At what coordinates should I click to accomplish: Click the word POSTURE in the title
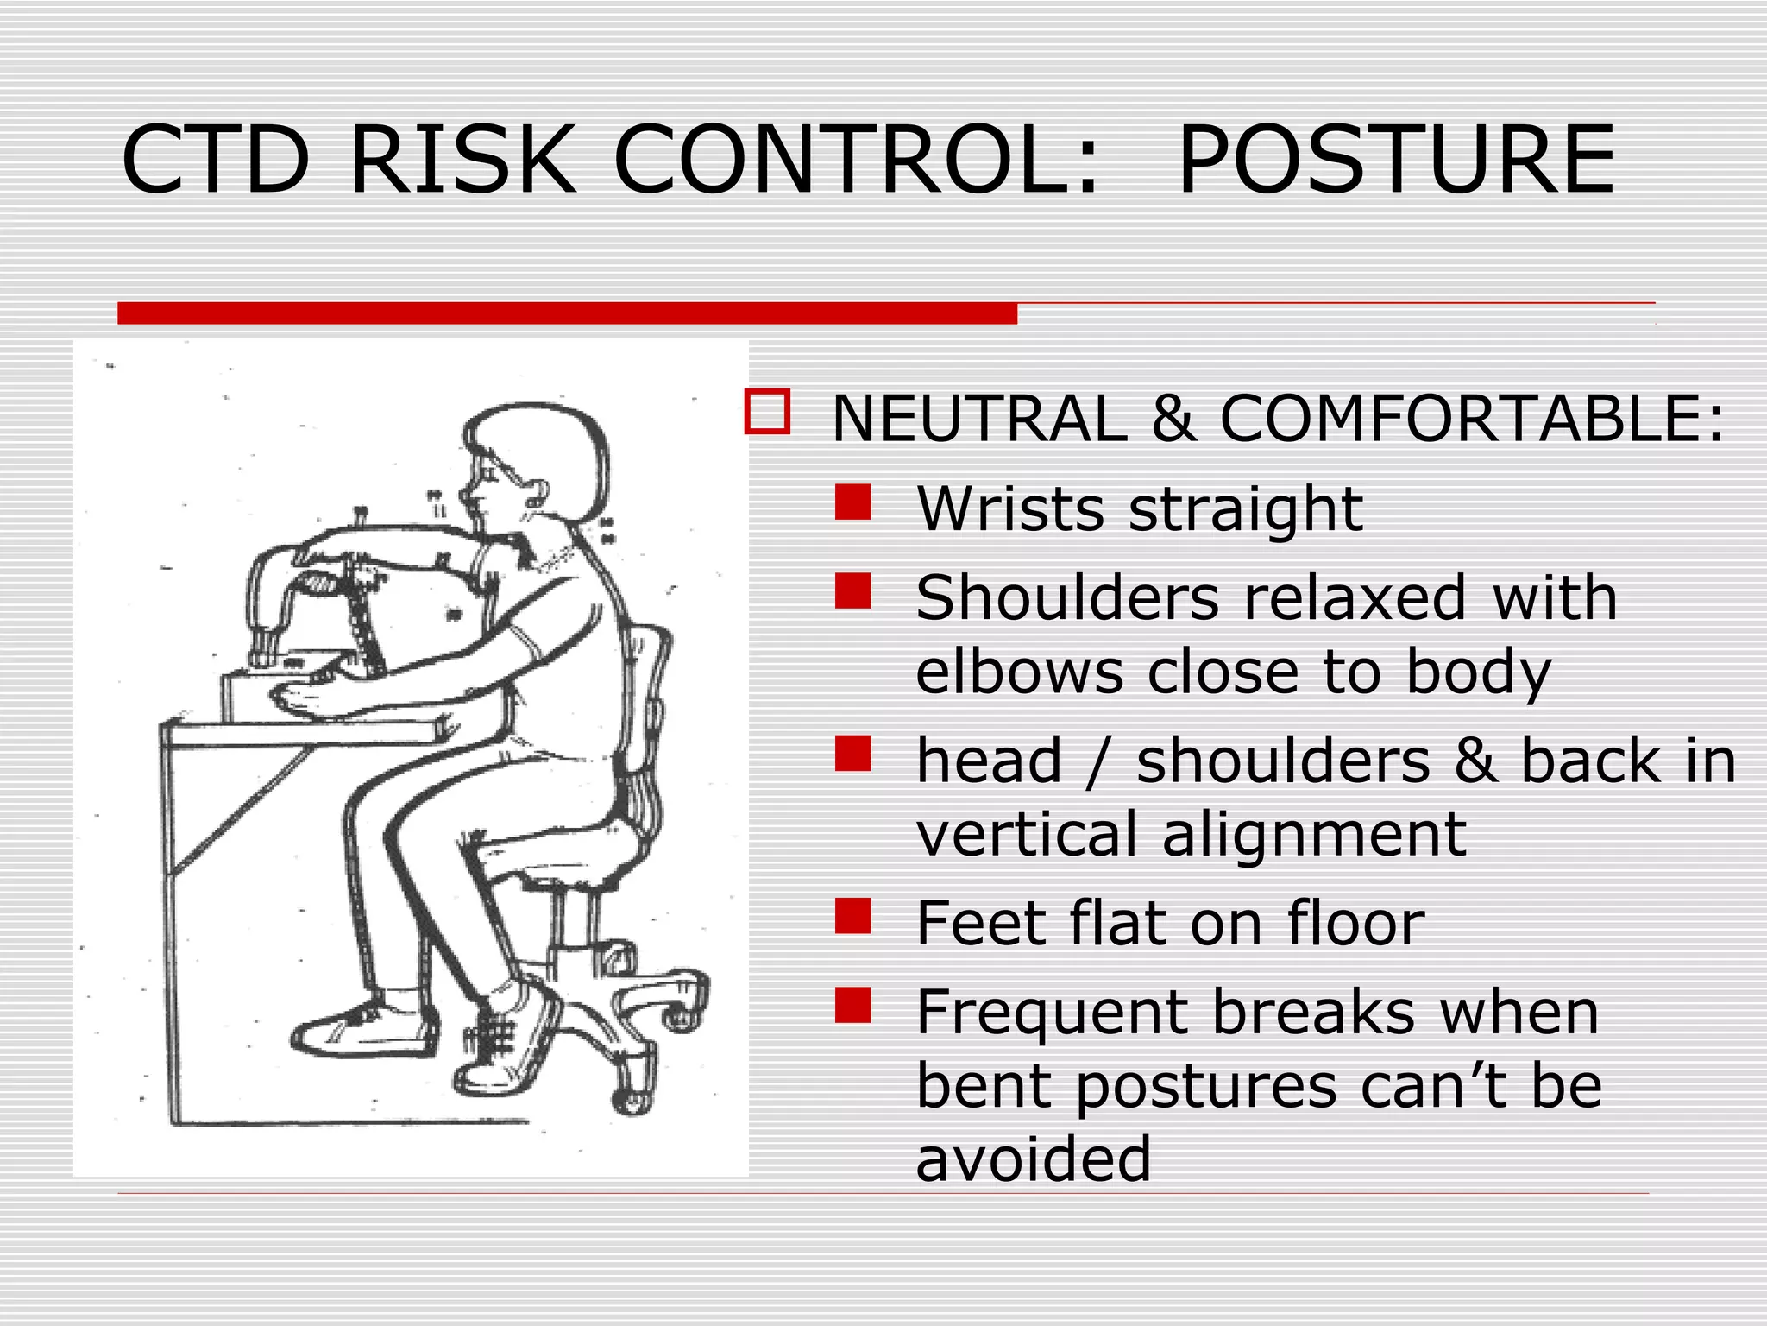1395,160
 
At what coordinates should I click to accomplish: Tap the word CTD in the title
216,160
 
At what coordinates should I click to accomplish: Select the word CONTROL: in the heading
856,160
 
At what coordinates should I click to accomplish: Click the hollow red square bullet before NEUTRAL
767,412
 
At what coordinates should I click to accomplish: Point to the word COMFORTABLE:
1471,419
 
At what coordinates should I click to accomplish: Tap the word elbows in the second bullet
1019,672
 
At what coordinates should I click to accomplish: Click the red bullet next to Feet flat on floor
852,916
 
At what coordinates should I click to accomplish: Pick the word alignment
1313,836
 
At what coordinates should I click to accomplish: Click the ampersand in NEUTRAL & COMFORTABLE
1173,419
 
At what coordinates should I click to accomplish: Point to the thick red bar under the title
567,313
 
